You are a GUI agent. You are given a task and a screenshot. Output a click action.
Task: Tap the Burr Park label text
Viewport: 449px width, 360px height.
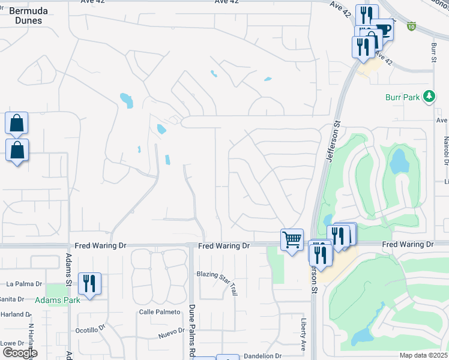tap(402, 97)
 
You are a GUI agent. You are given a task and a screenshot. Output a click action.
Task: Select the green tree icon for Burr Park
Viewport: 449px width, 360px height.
tap(429, 96)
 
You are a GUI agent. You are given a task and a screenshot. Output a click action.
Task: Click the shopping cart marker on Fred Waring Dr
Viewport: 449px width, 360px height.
tap(292, 240)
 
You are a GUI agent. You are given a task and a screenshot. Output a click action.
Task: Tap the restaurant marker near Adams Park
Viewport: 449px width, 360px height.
tap(89, 283)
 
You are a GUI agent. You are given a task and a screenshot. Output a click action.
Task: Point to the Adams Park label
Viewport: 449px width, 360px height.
tap(56, 300)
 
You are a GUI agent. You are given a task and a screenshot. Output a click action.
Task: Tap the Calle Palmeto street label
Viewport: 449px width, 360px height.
tap(160, 312)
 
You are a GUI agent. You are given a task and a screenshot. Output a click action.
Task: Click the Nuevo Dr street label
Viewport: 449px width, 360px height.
tap(170, 331)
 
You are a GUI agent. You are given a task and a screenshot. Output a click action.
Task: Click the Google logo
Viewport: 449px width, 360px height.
tap(20, 353)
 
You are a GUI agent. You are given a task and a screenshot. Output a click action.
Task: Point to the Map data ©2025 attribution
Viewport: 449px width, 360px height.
tap(423, 355)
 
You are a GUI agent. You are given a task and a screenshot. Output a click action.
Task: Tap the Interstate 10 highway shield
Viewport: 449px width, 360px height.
tap(411, 26)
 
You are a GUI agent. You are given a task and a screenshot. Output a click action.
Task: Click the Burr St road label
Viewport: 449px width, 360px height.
tap(433, 53)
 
